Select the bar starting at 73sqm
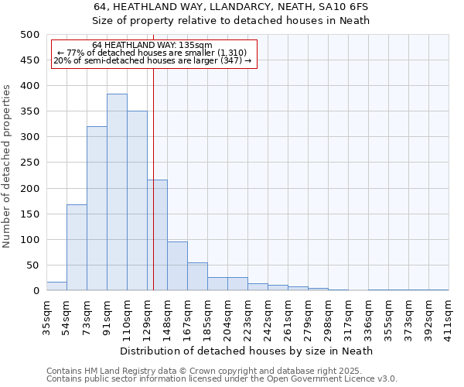97,208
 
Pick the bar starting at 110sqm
137,200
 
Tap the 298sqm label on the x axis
329,318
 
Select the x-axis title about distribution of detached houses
247,351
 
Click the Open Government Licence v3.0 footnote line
222,379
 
